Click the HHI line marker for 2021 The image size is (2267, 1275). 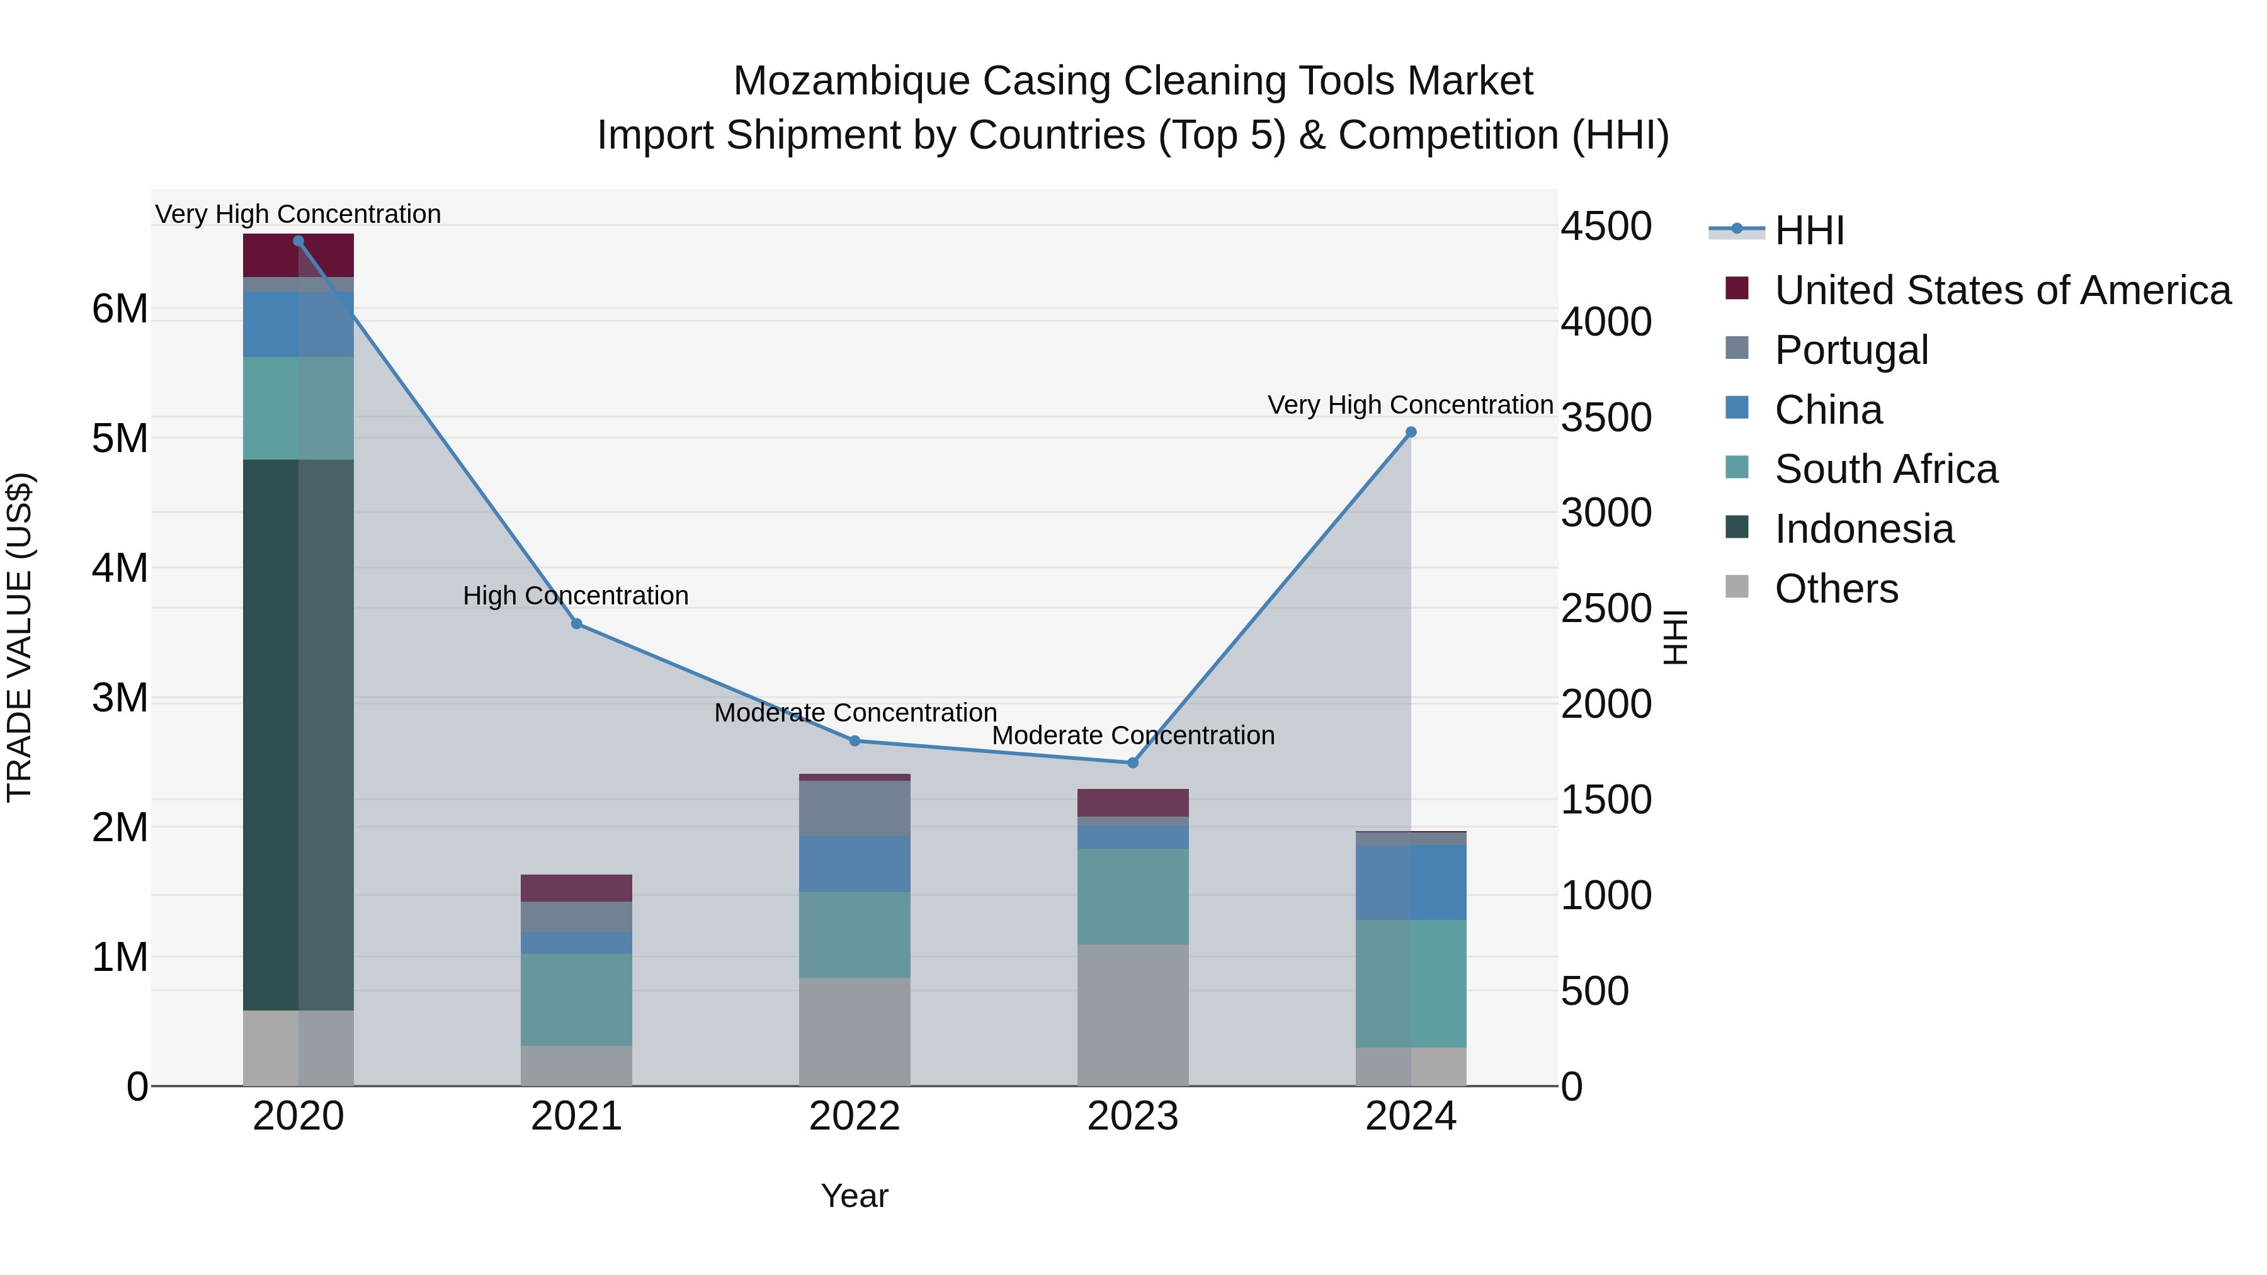pyautogui.click(x=576, y=624)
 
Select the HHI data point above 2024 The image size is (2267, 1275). pyautogui.click(x=1411, y=432)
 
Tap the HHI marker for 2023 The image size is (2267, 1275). pyautogui.click(x=1133, y=763)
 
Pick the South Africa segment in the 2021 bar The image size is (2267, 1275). pyautogui.click(x=576, y=1000)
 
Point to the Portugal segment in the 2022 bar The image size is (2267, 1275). pyautogui.click(x=855, y=808)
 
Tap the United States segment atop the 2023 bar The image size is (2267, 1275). pyautogui.click(x=1133, y=803)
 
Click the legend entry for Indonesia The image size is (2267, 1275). pyautogui.click(x=1863, y=529)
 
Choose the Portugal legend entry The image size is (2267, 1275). pyautogui.click(x=1851, y=350)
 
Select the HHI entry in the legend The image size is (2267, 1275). pyautogui.click(x=1809, y=230)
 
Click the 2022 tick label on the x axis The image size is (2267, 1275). pyautogui.click(x=855, y=1116)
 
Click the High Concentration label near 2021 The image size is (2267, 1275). pyautogui.click(x=576, y=596)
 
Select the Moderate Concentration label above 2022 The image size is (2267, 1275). pyautogui.click(x=855, y=713)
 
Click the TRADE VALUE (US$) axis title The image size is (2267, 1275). pyautogui.click(x=20, y=637)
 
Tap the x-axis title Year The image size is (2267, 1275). pyautogui.click(x=855, y=1196)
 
